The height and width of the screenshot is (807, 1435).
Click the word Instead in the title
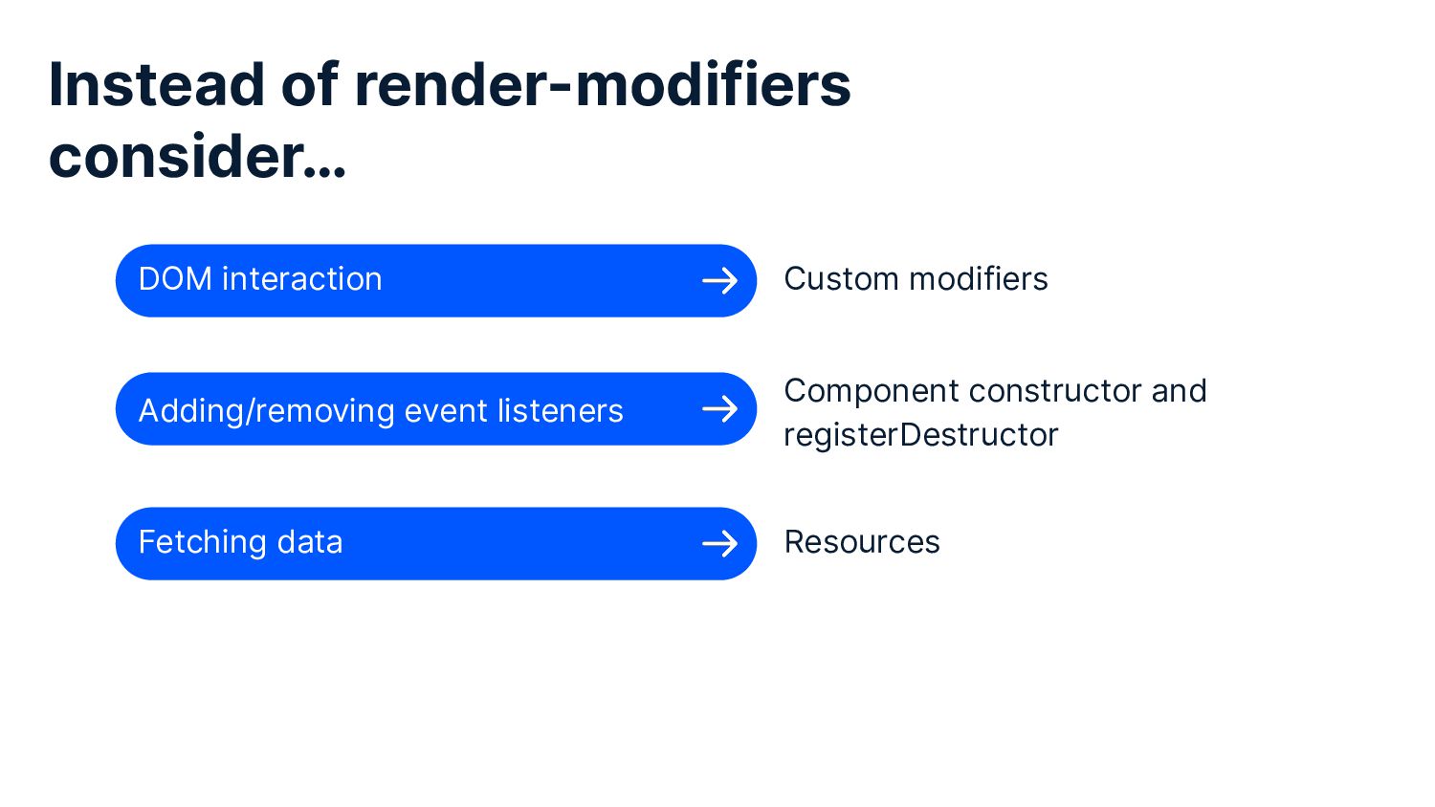pyautogui.click(x=156, y=84)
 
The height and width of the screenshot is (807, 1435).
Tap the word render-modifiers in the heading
pyautogui.click(x=602, y=84)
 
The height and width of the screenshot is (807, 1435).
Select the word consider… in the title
pyautogui.click(x=197, y=157)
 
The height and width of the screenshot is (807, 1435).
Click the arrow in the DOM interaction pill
pyautogui.click(x=719, y=280)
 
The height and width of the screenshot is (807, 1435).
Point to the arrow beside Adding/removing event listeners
pyautogui.click(x=719, y=409)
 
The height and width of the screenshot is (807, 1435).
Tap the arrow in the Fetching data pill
pyautogui.click(x=719, y=544)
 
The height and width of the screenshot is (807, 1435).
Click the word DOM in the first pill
pyautogui.click(x=175, y=279)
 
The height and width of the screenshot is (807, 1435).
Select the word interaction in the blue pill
pyautogui.click(x=301, y=279)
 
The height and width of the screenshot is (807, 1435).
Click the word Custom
pyautogui.click(x=841, y=279)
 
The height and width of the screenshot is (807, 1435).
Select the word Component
pyautogui.click(x=871, y=391)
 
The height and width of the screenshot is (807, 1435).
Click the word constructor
pyautogui.click(x=1054, y=391)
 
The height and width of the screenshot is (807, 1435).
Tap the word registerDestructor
pyautogui.click(x=920, y=435)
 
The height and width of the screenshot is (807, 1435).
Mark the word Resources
pyautogui.click(x=862, y=542)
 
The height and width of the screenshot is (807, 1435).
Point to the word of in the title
pyautogui.click(x=309, y=84)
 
